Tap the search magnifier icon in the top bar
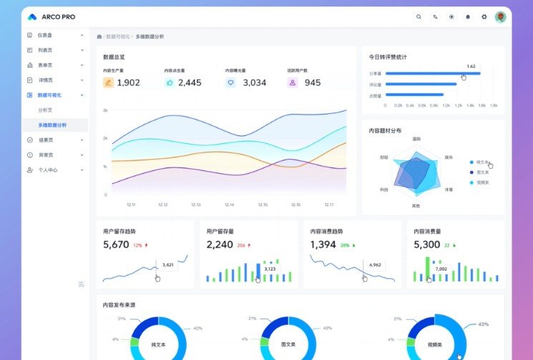pyautogui.click(x=419, y=16)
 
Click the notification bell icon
pyautogui.click(x=468, y=16)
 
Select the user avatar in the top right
pyautogui.click(x=501, y=16)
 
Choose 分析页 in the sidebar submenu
pyautogui.click(x=45, y=110)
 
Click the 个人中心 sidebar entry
pyautogui.click(x=48, y=170)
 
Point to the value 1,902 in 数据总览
pyautogui.click(x=128, y=83)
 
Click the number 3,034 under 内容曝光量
pyautogui.click(x=254, y=83)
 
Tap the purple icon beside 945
pyautogui.click(x=293, y=83)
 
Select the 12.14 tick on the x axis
pyautogui.click(x=229, y=205)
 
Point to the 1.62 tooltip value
pyautogui.click(x=471, y=66)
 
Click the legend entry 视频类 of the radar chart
pyautogui.click(x=482, y=183)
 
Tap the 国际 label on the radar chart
pyautogui.click(x=416, y=138)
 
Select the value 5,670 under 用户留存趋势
pyautogui.click(x=116, y=245)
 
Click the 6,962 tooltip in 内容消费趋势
pyautogui.click(x=375, y=264)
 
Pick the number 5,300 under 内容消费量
pyautogui.click(x=426, y=245)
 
